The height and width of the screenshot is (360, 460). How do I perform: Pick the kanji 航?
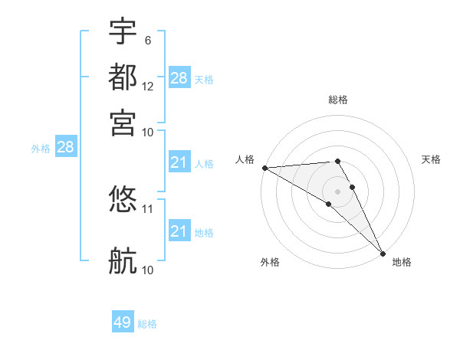(x=123, y=261)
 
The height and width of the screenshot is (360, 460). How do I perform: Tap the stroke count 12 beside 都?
(x=148, y=86)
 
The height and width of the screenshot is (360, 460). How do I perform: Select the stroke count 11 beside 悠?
(x=148, y=208)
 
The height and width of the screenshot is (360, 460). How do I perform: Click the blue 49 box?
(x=123, y=322)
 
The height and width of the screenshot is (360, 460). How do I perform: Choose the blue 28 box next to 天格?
(x=179, y=78)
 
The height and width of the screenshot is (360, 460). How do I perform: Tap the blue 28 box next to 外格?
(x=65, y=148)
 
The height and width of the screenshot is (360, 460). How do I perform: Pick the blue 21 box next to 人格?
(x=179, y=162)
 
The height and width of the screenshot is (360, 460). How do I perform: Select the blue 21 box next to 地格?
(x=179, y=231)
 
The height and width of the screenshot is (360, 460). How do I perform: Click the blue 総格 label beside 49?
(x=147, y=324)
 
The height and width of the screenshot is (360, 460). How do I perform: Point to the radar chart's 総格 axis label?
(x=338, y=100)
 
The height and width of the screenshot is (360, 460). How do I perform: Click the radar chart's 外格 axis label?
(x=270, y=263)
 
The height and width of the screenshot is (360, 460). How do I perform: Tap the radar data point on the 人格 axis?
(x=264, y=168)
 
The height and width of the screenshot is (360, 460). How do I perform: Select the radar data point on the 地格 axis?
(x=383, y=253)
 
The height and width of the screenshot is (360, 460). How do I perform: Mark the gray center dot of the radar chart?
(x=337, y=191)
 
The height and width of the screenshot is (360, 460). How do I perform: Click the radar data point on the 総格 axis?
(x=337, y=161)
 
